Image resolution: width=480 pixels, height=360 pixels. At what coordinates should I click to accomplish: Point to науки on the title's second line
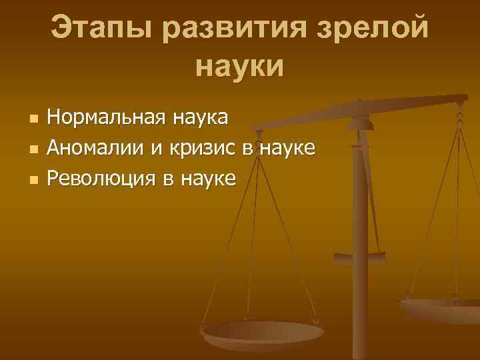click(241, 67)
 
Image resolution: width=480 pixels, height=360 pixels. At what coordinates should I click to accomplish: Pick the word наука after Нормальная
click(201, 118)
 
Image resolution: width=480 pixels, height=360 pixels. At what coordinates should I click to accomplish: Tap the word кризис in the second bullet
click(201, 147)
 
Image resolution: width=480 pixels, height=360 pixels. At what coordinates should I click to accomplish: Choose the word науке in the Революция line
click(205, 177)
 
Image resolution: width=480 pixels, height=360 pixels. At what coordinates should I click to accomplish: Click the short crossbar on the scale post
click(360, 254)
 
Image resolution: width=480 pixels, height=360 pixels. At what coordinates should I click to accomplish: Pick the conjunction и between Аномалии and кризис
click(157, 148)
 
